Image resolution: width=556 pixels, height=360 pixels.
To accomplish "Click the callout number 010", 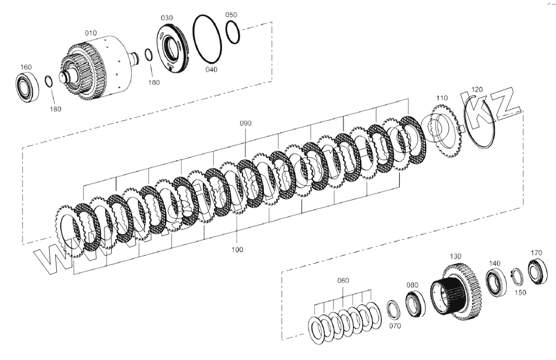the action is pos(91,33).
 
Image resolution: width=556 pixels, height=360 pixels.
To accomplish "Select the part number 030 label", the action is pos(167,18).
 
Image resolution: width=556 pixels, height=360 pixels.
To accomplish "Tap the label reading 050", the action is pos(231,15).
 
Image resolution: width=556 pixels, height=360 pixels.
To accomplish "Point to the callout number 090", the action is pos(245,124).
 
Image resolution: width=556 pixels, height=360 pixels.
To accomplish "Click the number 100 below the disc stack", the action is pos(237,250).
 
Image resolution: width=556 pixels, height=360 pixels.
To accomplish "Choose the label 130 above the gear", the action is pos(455,256).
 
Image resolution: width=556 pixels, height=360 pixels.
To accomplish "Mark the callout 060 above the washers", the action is pos(342,281).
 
